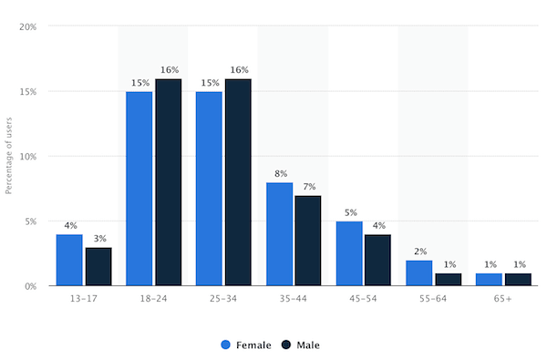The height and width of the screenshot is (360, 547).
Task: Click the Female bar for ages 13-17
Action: point(69,260)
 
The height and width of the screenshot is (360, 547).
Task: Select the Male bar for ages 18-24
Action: point(168,182)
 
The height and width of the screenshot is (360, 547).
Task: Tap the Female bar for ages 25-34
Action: point(209,189)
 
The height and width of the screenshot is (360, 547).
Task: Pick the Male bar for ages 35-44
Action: point(308,241)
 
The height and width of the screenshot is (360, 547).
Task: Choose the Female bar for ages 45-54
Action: point(349,253)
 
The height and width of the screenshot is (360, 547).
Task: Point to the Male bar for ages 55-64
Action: point(448,280)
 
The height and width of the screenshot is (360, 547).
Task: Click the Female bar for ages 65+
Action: point(489,280)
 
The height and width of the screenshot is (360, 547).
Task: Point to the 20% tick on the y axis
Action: point(27,27)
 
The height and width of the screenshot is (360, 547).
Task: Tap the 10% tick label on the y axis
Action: point(27,157)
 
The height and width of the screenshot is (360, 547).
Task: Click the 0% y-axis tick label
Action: point(30,286)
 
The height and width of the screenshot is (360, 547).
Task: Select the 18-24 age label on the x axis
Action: point(153,300)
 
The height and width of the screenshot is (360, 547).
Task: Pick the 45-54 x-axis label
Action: point(363,300)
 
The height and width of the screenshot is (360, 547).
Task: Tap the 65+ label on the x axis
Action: point(502,300)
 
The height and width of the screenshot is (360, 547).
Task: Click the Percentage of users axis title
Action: point(9,155)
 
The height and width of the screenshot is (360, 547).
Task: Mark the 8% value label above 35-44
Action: point(279,173)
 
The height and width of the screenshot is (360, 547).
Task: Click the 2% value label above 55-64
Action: point(418,251)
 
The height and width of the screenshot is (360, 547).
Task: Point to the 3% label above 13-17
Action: point(98,238)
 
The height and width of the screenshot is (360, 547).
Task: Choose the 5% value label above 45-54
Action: point(349,211)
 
